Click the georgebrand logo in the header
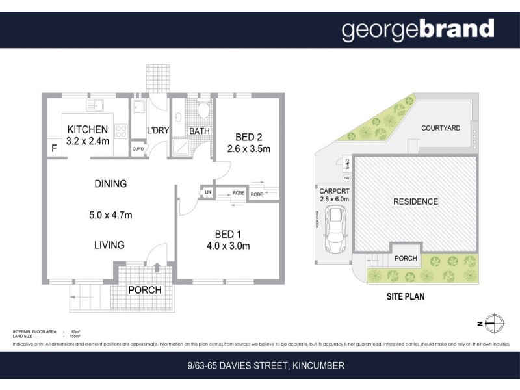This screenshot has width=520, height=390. point(418,29)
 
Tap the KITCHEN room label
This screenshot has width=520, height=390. point(86,129)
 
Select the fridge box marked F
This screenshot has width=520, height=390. point(53,149)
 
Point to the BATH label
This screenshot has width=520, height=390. point(199,131)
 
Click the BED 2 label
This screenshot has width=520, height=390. point(248,137)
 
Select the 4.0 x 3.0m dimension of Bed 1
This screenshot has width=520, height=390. point(227,246)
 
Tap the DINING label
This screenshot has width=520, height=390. point(110,184)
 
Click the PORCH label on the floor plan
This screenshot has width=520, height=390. point(144,289)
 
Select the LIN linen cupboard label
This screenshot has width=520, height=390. point(208,192)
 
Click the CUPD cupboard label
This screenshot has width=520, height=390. point(138,149)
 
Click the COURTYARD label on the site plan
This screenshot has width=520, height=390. point(440,128)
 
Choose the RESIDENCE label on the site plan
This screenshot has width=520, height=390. point(415,201)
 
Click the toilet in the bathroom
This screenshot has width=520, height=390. point(202,109)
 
